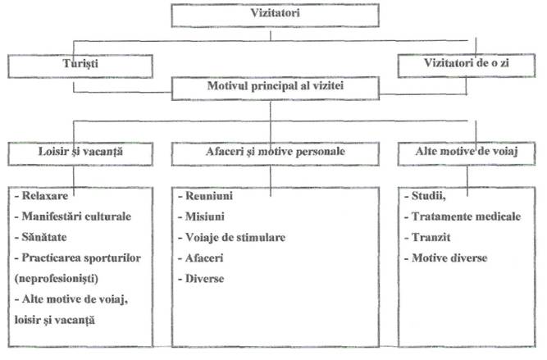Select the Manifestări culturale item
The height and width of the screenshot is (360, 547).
tap(72, 217)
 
